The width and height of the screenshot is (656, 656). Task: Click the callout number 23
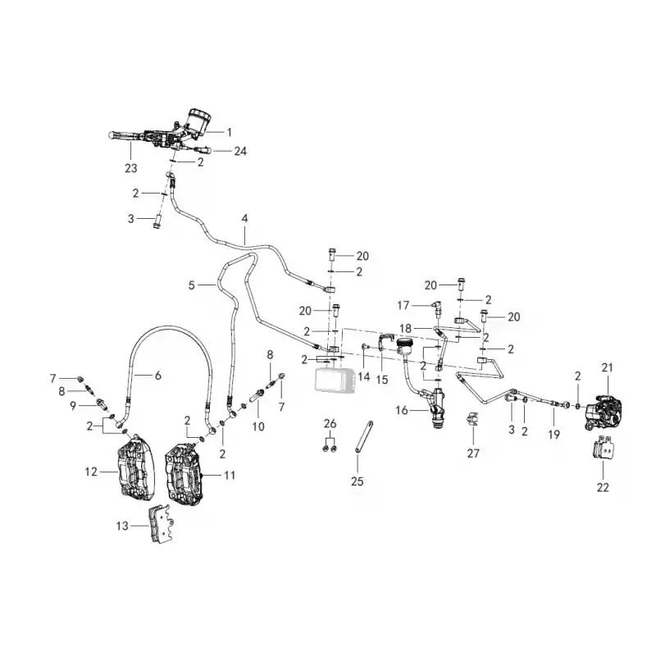coord(131,168)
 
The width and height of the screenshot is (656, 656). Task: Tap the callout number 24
coord(240,151)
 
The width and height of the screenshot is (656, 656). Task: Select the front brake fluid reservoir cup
coord(198,121)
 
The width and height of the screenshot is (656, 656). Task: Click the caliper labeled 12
coord(134,467)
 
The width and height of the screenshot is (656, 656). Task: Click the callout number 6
coord(157,376)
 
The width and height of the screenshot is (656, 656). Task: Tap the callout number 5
coord(192,285)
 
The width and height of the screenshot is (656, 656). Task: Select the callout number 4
coord(244,218)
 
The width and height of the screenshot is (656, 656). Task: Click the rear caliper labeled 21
coord(603,412)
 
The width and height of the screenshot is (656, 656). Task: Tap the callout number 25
coord(358,481)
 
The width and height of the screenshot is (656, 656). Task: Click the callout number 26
coord(330,424)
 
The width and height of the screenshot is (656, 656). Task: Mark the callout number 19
coord(554,435)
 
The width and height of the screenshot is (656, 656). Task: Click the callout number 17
coord(403,305)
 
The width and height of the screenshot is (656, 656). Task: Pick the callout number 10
coord(258,426)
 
